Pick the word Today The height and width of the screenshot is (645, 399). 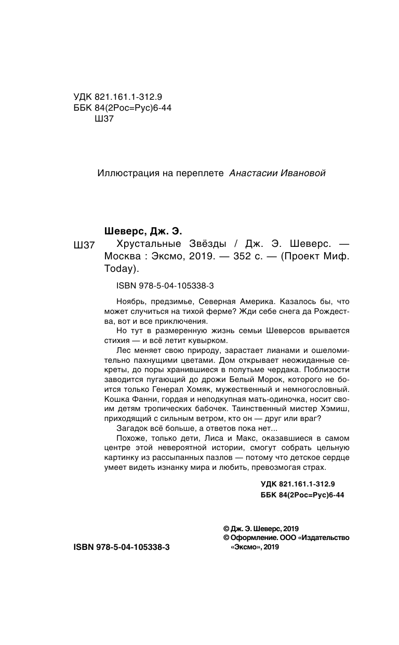point(120,270)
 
